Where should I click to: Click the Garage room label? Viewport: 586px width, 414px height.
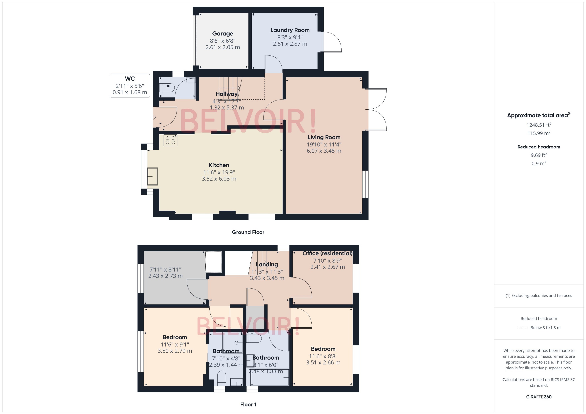[222, 34]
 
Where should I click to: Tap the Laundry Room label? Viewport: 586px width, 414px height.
[290, 30]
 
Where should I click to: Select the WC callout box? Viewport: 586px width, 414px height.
[130, 86]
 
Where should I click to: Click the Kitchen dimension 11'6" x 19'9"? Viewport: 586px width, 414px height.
[219, 172]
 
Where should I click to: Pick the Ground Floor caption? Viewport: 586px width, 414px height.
[248, 232]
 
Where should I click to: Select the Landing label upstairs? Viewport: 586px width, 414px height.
[267, 265]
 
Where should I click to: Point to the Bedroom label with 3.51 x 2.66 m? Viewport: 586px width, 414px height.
[323, 349]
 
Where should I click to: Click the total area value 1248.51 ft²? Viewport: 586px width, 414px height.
[538, 125]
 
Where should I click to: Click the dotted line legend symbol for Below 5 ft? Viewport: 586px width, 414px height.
[522, 328]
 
